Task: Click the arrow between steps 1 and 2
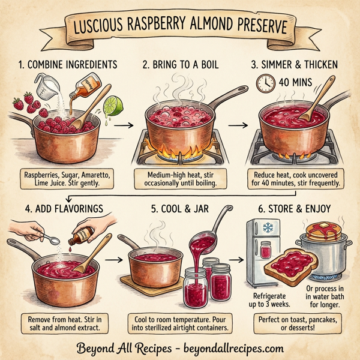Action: pyautogui.click(x=122, y=125)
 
